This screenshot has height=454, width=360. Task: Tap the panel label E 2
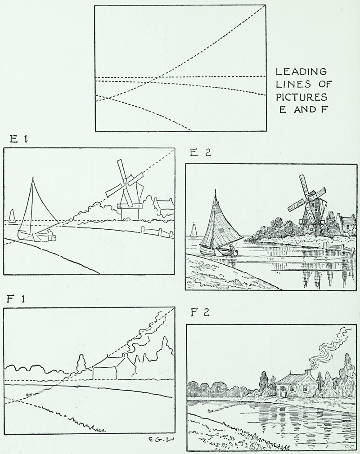[200, 152]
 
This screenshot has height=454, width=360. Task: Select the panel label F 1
[16, 298]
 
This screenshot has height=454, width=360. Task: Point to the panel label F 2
[200, 313]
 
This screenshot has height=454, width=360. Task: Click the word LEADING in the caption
[301, 71]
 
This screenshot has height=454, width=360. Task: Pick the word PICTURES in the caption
[301, 97]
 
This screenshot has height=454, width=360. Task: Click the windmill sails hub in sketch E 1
[125, 183]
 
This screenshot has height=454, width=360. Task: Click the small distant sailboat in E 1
[12, 216]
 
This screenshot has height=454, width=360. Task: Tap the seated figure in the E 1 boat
[49, 234]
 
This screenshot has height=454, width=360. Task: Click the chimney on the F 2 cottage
[307, 371]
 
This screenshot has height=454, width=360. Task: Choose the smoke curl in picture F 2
[330, 347]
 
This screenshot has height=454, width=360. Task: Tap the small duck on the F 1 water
[28, 395]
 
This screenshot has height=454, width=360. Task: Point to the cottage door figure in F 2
[285, 393]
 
